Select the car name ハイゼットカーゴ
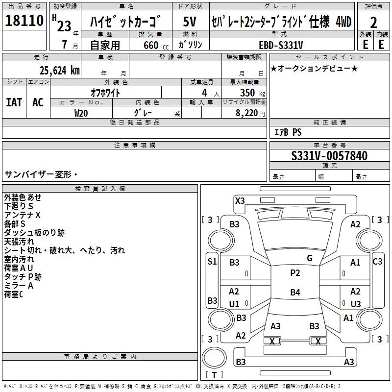[x=126, y=22]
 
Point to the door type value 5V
[x=190, y=22]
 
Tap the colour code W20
[x=81, y=113]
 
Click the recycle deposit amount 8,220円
[x=250, y=113]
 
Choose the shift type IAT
[x=14, y=102]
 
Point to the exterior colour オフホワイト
[x=105, y=92]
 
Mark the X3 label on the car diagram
[x=240, y=200]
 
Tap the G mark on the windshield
[x=309, y=258]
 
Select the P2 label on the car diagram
[x=294, y=273]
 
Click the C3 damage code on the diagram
[x=377, y=261]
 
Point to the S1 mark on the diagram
[x=212, y=261]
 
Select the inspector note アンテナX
[x=23, y=215]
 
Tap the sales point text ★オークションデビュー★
[x=314, y=68]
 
